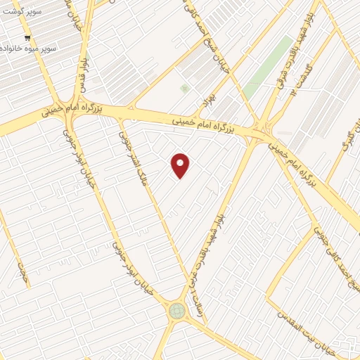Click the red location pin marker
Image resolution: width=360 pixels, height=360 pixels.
[x=181, y=165]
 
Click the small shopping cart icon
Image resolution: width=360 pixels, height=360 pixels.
[x=27, y=39]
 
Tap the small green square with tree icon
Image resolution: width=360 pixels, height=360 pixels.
[x=185, y=89]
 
